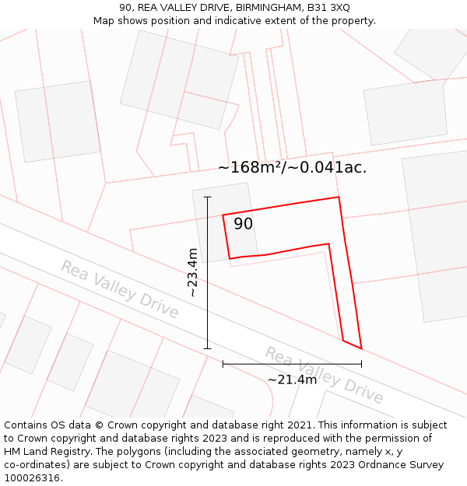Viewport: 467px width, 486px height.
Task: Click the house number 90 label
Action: tap(243, 224)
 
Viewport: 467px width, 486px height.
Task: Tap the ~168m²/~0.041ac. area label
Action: tap(292, 167)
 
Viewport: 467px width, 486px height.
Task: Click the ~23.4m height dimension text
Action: tap(192, 272)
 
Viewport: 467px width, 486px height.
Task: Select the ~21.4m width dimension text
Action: tap(292, 379)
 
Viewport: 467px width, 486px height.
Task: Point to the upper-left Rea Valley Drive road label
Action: tap(120, 290)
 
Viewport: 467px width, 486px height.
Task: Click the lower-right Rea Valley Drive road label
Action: tap(324, 376)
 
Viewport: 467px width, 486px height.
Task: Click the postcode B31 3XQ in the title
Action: tap(328, 7)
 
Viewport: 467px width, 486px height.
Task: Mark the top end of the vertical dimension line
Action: tap(208, 197)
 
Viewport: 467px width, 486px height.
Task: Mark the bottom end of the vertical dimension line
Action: tap(208, 348)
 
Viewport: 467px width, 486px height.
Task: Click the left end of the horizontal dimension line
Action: tap(223, 363)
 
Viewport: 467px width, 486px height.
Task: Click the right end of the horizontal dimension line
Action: tap(361, 363)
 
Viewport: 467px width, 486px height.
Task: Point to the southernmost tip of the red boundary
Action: tap(361, 348)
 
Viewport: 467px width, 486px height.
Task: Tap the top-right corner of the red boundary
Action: tap(339, 197)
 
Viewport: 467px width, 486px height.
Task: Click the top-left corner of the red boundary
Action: tap(223, 215)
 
